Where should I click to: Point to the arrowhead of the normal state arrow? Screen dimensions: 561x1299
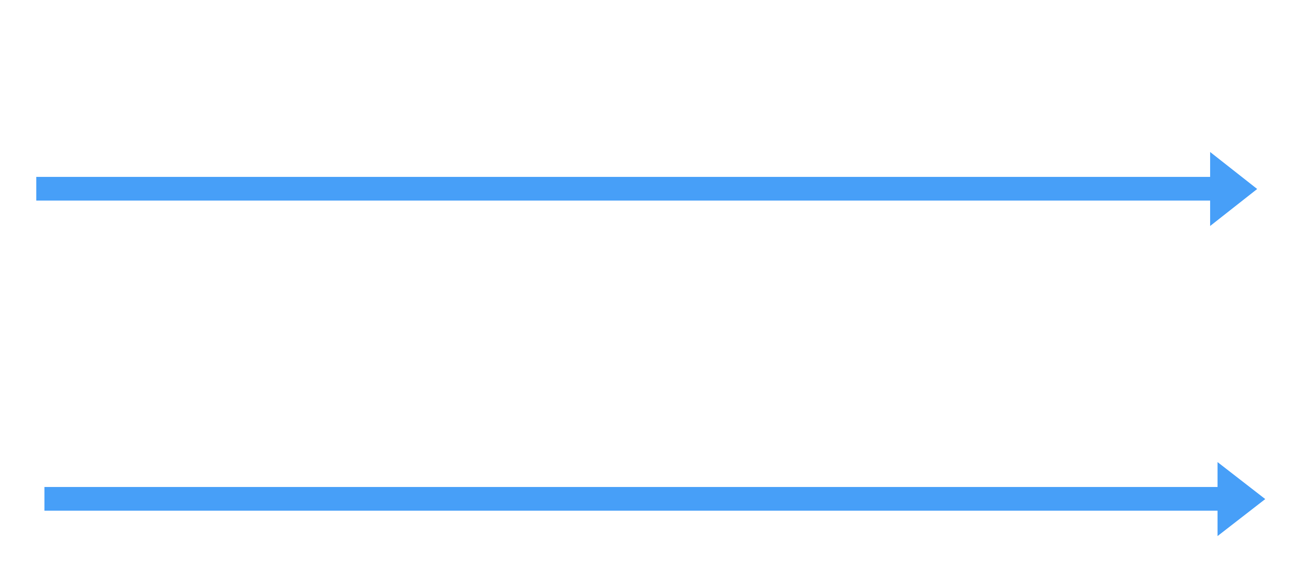pyautogui.click(x=1233, y=189)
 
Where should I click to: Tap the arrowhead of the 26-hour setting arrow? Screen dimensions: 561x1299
pyautogui.click(x=1240, y=499)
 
